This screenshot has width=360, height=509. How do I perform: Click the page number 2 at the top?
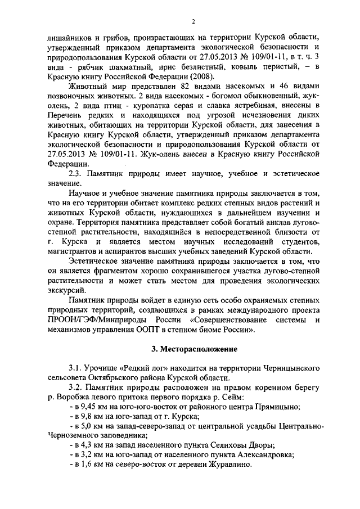tap(192, 21)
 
